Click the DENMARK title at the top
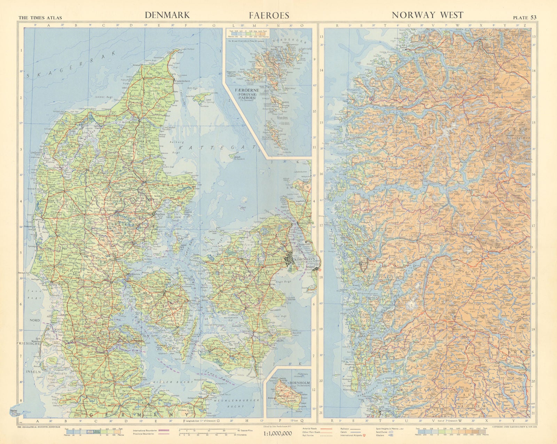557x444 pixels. click(167, 15)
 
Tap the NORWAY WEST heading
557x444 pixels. click(427, 15)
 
